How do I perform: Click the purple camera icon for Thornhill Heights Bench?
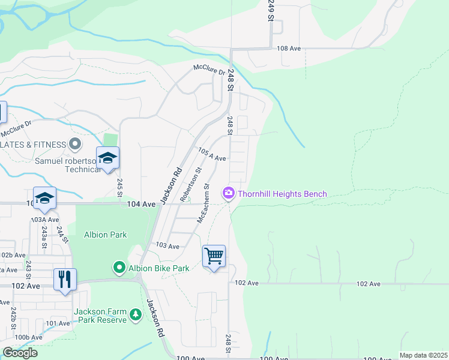click(228, 193)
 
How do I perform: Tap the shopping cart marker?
click(214, 256)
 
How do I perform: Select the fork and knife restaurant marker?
click(65, 279)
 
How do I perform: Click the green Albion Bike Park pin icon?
click(119, 268)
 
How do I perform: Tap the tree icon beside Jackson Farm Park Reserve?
click(136, 315)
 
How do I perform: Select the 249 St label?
click(271, 11)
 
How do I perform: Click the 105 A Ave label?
click(212, 155)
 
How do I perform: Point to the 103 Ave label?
click(167, 246)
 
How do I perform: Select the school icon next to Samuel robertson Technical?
click(107, 158)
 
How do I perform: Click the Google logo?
click(20, 353)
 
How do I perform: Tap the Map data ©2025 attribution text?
click(423, 355)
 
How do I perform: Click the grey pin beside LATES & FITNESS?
click(74, 144)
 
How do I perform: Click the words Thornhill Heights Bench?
click(282, 193)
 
